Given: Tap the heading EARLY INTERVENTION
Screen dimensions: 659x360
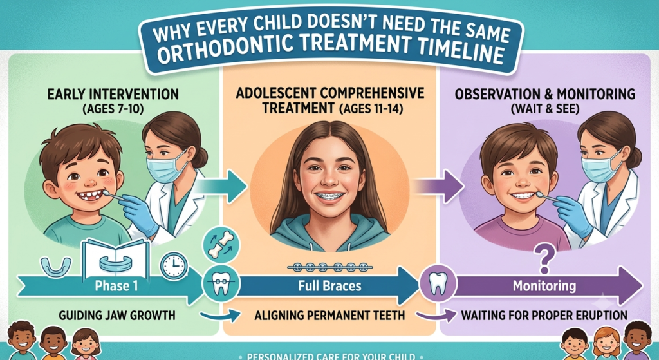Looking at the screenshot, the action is click(113, 94).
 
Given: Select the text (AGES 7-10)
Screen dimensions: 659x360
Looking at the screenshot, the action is click(113, 109).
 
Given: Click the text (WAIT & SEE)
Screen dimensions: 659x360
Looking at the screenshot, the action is click(545, 109).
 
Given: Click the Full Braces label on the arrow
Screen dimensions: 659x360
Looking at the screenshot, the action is click(329, 286).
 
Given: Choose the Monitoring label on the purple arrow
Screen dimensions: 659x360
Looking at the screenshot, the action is click(544, 286).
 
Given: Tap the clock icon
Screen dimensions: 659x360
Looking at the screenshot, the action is click(174, 266).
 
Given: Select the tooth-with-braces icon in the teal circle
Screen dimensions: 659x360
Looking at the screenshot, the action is click(221, 283).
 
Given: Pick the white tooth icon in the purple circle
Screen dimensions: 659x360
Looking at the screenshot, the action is click(438, 284).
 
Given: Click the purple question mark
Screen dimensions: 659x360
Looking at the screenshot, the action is click(544, 260).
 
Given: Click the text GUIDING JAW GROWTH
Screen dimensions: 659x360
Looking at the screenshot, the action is click(117, 316).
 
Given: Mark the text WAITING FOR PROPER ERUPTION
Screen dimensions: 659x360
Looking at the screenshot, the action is click(544, 316).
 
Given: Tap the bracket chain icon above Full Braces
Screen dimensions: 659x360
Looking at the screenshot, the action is click(329, 267).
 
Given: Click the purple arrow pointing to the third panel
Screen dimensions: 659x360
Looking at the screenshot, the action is click(439, 186).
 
